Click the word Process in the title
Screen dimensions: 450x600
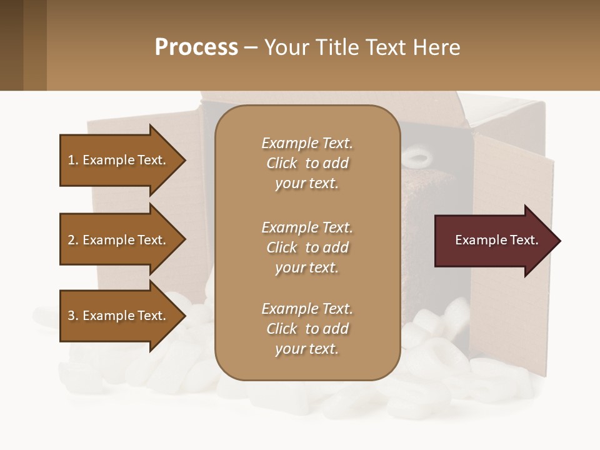tap(196, 47)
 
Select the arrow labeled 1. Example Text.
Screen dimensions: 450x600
tap(119, 160)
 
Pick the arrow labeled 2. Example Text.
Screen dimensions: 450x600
tap(119, 240)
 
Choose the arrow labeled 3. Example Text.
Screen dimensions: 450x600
tap(119, 316)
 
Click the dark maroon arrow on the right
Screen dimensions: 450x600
tap(494, 241)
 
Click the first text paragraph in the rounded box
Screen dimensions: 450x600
tap(307, 163)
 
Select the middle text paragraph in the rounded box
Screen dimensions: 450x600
tap(307, 247)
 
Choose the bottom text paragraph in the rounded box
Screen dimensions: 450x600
tap(307, 329)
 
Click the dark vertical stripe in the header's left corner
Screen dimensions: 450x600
tap(11, 45)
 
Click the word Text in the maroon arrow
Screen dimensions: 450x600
tap(524, 240)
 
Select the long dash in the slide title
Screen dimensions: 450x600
tap(251, 47)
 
